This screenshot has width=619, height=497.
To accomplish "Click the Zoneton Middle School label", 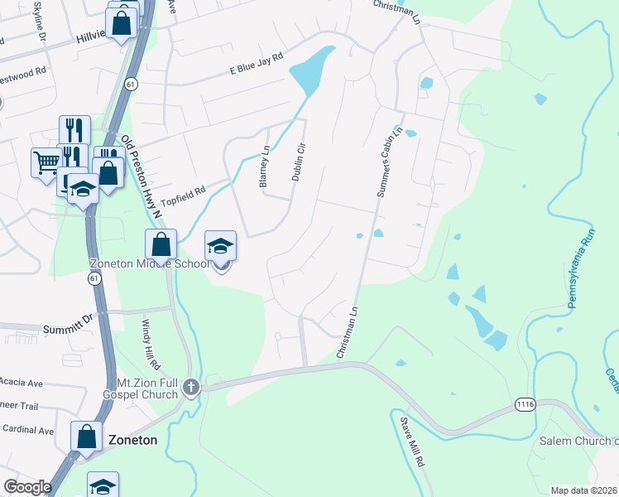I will coord(149,264).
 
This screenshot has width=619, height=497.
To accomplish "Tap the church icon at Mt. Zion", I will coord(191,387).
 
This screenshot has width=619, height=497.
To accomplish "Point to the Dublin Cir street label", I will coord(299,162).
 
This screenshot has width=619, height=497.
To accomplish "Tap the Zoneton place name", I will coord(132,440).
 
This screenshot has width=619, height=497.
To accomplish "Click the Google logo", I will coord(27,487).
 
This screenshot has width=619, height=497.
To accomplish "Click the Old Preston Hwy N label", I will coord(142,179).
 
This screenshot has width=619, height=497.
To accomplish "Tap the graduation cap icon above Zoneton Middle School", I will coord(221,246).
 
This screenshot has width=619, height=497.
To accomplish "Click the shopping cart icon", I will coord(45,162).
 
